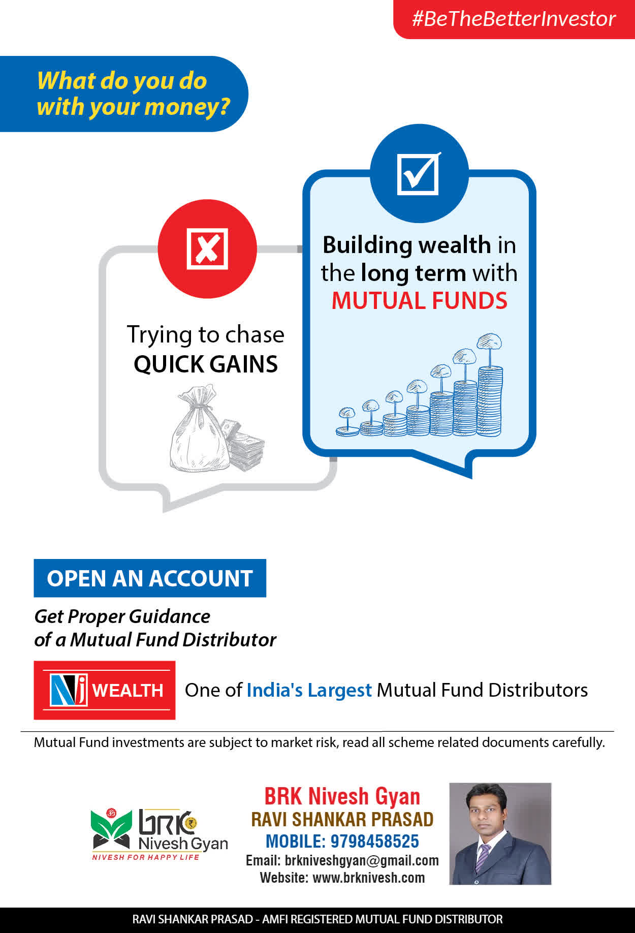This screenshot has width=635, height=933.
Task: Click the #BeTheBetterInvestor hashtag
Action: [514, 19]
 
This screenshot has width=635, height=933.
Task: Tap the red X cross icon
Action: [207, 248]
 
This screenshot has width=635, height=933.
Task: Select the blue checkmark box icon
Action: [418, 173]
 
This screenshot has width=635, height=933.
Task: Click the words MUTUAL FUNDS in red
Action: [419, 300]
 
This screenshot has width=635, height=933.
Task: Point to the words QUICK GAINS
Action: [206, 364]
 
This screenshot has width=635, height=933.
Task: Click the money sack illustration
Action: [199, 428]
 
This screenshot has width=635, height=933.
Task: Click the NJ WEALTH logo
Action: [105, 690]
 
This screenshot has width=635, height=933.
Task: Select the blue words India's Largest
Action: [309, 690]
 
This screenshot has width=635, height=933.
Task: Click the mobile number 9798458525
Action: [374, 842]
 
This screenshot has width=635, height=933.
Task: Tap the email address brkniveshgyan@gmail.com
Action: [362, 860]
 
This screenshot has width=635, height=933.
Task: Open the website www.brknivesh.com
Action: [368, 878]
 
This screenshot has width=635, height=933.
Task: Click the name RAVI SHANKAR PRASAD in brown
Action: [342, 819]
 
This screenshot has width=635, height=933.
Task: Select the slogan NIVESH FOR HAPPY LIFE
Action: [145, 857]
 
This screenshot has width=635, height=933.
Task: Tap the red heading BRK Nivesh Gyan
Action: [342, 796]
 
